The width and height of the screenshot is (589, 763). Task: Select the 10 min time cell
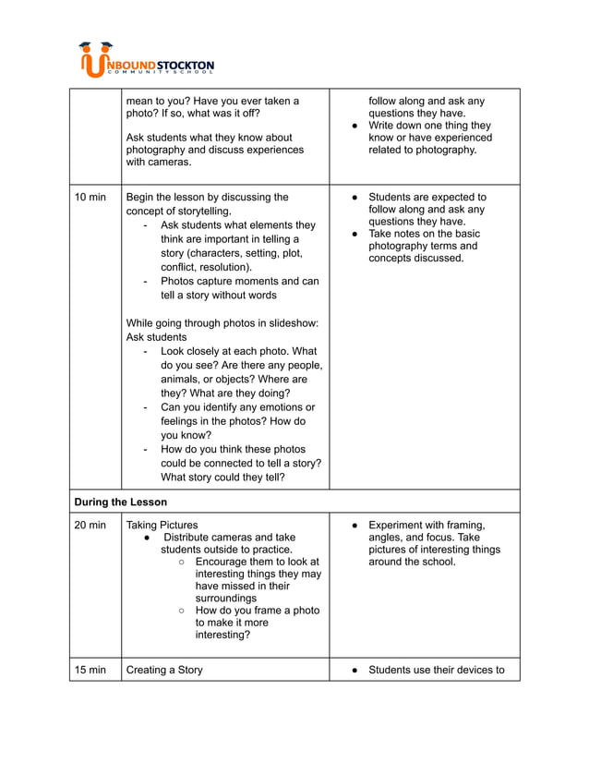(90, 197)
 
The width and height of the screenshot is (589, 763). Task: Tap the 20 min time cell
(90, 525)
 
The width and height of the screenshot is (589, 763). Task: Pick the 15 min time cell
(90, 670)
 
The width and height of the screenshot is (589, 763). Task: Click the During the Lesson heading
(120, 502)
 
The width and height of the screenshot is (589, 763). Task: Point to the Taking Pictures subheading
(162, 525)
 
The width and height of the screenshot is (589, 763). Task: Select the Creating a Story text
(164, 670)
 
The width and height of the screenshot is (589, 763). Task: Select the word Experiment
(401, 525)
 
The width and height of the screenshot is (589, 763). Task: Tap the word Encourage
(230, 561)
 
